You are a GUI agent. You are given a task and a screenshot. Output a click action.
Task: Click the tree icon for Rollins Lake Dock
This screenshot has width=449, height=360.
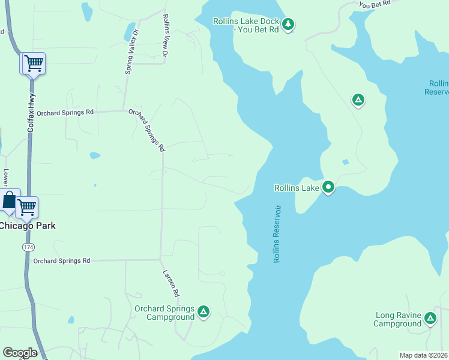tap(289, 24)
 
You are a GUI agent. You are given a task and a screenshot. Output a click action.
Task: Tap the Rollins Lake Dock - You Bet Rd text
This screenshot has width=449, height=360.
tap(246, 25)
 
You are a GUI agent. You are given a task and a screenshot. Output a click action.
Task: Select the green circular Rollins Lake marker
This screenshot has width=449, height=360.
tap(328, 188)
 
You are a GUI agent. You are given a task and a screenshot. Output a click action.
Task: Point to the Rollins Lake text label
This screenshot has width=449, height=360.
tap(297, 188)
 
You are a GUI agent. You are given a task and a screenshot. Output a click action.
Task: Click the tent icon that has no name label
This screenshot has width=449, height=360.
tap(358, 100)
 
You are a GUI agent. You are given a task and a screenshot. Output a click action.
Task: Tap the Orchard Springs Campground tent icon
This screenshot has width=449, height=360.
tap(203, 311)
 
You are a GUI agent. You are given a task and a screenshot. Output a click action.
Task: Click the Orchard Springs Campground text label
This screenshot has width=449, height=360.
tap(164, 313)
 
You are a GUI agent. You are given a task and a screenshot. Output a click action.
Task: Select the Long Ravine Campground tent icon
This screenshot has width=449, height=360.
tap(430, 318)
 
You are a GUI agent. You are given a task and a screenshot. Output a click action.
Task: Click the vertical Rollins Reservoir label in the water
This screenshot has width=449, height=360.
tap(277, 234)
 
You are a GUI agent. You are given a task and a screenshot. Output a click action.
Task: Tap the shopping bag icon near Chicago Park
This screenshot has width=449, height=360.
tap(9, 200)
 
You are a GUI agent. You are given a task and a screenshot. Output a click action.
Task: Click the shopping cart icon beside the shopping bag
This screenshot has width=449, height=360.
tap(27, 207)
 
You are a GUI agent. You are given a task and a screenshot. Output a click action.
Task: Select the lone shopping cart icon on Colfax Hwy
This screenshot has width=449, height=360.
tap(34, 62)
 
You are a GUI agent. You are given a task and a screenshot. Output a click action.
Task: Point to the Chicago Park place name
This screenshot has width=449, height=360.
tap(27, 226)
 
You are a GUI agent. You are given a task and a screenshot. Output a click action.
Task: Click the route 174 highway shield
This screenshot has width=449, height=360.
tap(28, 247)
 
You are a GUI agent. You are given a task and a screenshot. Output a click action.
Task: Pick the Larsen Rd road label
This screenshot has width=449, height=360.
tap(170, 283)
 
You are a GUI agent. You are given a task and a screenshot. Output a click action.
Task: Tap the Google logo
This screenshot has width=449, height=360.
tap(20, 353)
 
